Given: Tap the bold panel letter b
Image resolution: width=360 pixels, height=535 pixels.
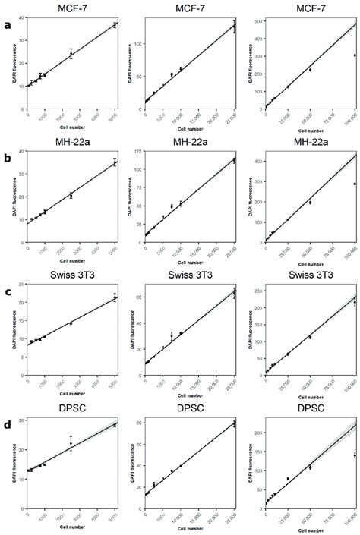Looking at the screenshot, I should pos(7,162).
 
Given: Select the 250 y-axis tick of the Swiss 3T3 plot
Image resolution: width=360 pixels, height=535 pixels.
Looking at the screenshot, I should pos(257,290).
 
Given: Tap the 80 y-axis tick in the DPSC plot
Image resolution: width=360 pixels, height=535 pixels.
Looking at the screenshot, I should pos(139,423).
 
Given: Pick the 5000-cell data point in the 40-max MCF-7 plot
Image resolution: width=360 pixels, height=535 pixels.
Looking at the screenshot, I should pos(115,25).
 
